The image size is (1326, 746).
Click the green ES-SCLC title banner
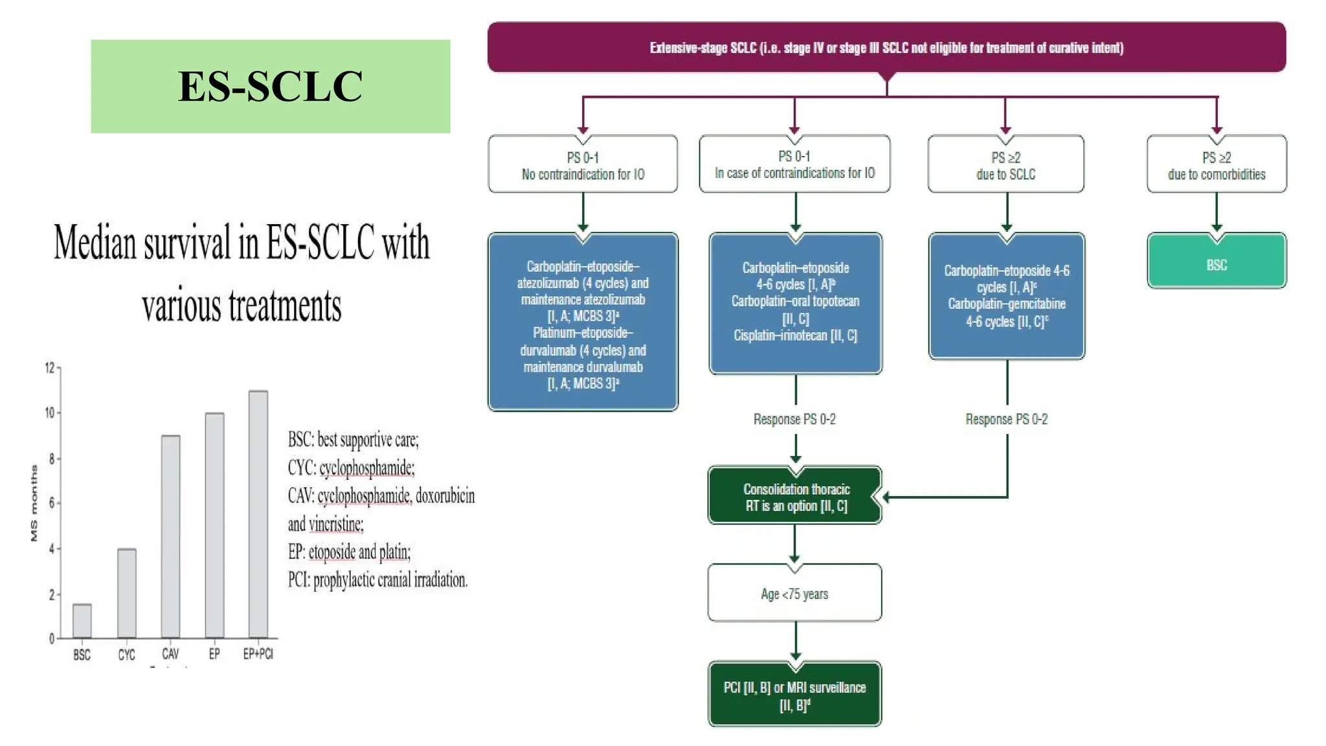click(270, 86)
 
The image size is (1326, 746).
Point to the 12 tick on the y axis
click(50, 368)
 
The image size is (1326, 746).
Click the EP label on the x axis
click(214, 654)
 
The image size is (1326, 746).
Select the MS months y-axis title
click(34, 503)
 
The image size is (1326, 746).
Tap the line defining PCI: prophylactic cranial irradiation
click(377, 580)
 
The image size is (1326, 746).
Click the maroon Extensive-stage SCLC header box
click(886, 47)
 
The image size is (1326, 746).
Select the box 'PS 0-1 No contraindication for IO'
click(583, 165)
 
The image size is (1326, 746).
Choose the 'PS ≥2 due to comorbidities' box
click(1217, 165)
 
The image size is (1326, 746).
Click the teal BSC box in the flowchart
click(1217, 262)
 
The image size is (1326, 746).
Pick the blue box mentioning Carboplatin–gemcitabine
click(1006, 296)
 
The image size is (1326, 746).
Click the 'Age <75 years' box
click(794, 593)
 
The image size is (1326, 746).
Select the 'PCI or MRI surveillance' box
click(794, 695)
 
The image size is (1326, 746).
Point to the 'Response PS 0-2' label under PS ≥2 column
click(1006, 419)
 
